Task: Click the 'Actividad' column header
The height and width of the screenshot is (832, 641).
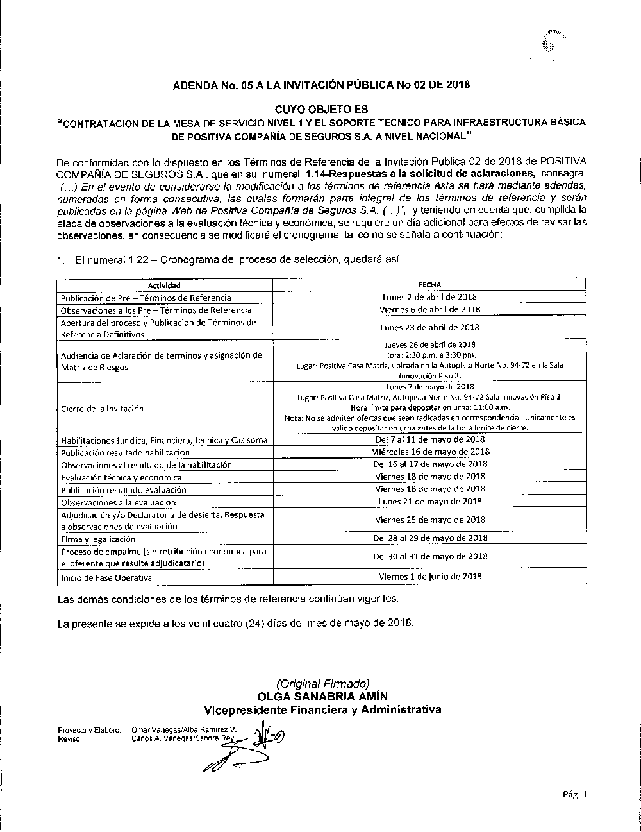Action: point(164,285)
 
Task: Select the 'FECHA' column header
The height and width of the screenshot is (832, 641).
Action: point(429,285)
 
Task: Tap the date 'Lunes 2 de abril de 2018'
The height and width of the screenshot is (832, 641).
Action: point(429,297)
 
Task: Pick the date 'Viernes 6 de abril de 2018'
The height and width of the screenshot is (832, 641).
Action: point(429,309)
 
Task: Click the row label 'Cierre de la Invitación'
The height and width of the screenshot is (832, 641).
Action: point(102,408)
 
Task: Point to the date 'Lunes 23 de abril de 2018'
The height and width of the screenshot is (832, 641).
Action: point(429,327)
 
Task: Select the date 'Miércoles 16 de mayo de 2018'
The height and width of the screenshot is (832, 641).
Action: point(429,451)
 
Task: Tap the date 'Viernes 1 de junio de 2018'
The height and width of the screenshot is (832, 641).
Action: point(429,577)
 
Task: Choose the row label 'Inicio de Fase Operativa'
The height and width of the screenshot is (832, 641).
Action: point(106,577)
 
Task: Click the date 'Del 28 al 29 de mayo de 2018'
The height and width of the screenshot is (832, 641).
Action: point(429,538)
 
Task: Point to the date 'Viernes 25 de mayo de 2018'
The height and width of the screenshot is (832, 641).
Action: point(429,520)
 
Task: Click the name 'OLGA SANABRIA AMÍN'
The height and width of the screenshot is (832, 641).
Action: point(322,697)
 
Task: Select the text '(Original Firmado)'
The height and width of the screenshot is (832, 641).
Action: point(322,684)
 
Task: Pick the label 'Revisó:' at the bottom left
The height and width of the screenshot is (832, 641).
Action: point(69,738)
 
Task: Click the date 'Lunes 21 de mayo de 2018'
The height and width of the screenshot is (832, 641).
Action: point(429,501)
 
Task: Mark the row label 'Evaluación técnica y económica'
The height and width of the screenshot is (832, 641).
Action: point(121,477)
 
